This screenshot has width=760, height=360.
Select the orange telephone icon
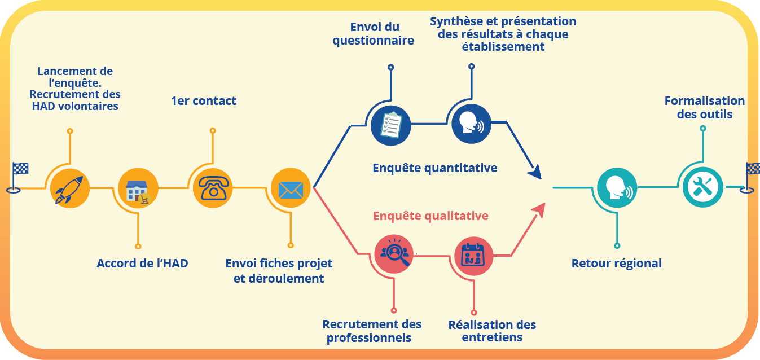[213, 188]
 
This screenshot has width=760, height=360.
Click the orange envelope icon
[291, 188]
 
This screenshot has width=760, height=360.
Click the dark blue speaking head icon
[471, 124]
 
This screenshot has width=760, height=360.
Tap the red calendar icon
[473, 256]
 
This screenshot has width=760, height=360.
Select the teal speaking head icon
[617, 188]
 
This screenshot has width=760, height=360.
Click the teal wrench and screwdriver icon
[702, 187]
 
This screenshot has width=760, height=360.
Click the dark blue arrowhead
[534, 172]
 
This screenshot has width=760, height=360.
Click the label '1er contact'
[204, 101]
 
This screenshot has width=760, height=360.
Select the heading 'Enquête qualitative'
[430, 216]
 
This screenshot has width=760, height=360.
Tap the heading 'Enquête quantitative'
[434, 168]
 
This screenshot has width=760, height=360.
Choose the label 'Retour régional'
[616, 264]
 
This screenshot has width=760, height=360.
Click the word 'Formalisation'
[704, 101]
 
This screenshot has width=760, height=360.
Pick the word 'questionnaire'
[373, 41]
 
